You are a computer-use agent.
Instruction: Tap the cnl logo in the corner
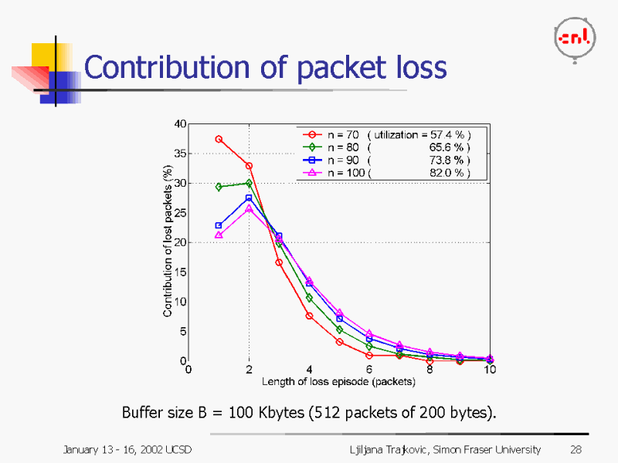pyautogui.click(x=575, y=39)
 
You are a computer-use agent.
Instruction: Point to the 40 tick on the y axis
pyautogui.click(x=179, y=123)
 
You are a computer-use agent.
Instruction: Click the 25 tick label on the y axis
pyautogui.click(x=179, y=213)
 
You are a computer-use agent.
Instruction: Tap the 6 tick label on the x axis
pyautogui.click(x=369, y=370)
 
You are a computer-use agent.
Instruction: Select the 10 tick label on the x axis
pyautogui.click(x=490, y=370)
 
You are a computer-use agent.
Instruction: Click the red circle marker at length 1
pyautogui.click(x=219, y=139)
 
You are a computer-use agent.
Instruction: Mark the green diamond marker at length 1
pyautogui.click(x=219, y=187)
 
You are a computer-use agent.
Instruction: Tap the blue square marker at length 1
pyautogui.click(x=219, y=225)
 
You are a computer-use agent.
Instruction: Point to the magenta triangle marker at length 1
pyautogui.click(x=219, y=235)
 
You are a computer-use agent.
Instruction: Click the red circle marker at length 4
pyautogui.click(x=309, y=316)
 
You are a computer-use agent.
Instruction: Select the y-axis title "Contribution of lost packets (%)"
pyautogui.click(x=168, y=242)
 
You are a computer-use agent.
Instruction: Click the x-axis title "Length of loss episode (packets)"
pyautogui.click(x=338, y=381)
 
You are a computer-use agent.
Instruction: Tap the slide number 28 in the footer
pyautogui.click(x=576, y=449)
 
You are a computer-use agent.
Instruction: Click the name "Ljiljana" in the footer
pyautogui.click(x=368, y=449)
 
